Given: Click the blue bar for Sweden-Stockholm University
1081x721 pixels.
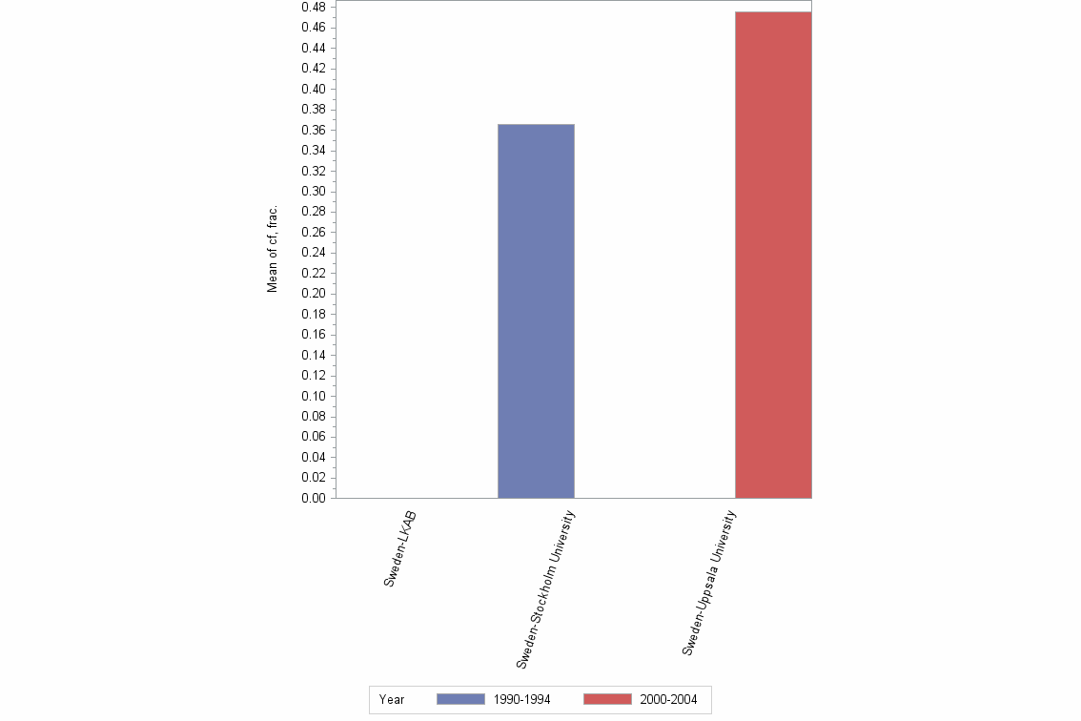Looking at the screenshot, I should click(x=536, y=311).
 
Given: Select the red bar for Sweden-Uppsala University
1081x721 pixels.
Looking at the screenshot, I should click(x=773, y=255).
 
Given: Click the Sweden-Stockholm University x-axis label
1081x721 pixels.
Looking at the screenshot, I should click(x=545, y=588).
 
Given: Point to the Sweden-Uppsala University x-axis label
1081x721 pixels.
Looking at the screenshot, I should click(x=709, y=583).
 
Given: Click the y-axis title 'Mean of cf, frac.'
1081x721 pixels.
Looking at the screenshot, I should click(x=273, y=248).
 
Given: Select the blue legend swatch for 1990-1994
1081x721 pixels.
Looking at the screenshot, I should click(x=460, y=699).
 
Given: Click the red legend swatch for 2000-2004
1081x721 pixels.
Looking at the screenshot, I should click(x=607, y=699).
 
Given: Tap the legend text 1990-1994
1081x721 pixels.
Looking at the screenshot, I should click(x=521, y=699).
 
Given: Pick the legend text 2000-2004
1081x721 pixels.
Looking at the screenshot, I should click(x=668, y=699).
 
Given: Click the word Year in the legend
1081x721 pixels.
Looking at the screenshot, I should click(x=392, y=699).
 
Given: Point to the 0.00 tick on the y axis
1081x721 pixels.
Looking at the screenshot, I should click(x=313, y=498).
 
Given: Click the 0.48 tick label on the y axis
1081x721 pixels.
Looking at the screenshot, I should click(x=313, y=8).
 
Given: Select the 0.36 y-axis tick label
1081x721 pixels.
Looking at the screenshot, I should click(x=313, y=131).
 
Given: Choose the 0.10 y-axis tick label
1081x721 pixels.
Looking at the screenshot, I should click(x=313, y=396).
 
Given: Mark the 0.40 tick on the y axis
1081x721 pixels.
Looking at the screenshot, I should click(x=313, y=90).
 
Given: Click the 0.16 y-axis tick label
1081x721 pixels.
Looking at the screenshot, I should click(x=313, y=335).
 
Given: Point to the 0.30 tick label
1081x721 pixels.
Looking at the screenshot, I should click(x=313, y=192).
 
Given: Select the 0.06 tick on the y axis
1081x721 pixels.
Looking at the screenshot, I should click(x=313, y=437).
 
